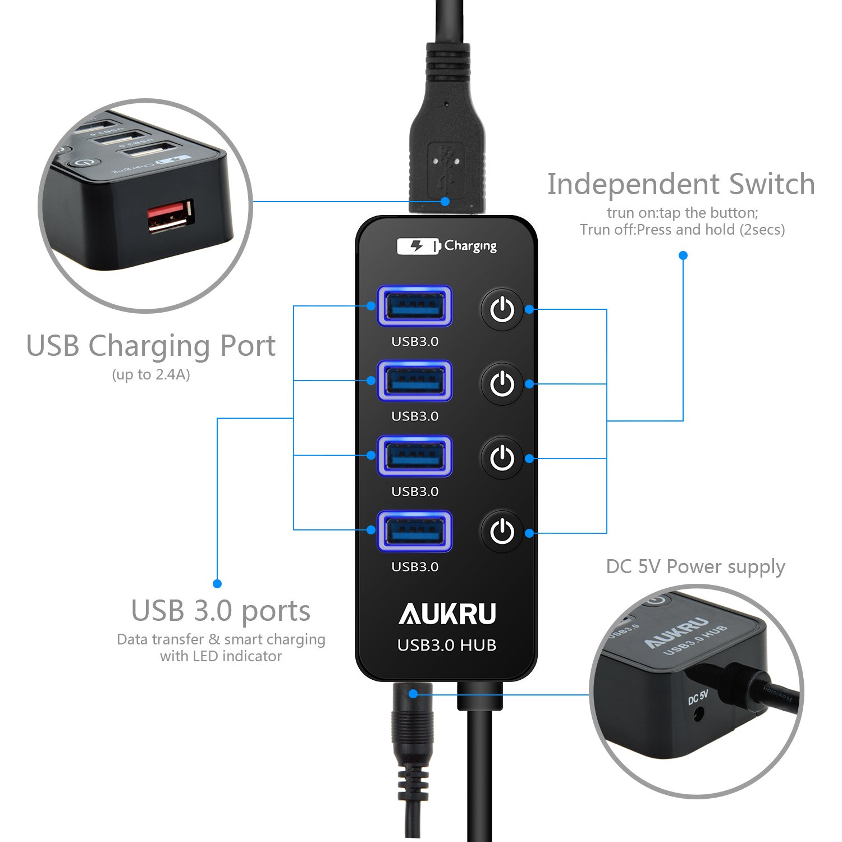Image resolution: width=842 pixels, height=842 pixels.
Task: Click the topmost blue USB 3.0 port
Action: (x=415, y=306)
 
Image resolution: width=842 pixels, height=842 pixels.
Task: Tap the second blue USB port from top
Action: (x=415, y=381)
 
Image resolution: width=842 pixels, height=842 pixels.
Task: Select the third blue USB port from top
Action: (x=415, y=456)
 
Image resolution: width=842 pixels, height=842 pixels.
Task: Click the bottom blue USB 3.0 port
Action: (x=415, y=530)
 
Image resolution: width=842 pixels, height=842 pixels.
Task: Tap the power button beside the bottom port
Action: (x=502, y=531)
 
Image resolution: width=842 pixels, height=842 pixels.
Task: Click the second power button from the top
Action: (x=502, y=384)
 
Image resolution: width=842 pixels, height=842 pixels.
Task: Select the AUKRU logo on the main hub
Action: (x=447, y=614)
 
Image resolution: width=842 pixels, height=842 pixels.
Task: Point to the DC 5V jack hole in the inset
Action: (x=699, y=715)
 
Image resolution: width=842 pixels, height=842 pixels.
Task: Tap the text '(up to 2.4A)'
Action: (x=151, y=374)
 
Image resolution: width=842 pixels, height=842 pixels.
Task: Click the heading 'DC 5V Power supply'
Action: (x=695, y=567)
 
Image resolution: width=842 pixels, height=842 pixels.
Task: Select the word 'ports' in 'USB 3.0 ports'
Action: (x=276, y=611)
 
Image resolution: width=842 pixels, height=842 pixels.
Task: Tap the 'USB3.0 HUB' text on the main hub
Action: (x=447, y=646)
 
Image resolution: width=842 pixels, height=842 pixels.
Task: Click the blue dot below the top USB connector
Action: (x=445, y=201)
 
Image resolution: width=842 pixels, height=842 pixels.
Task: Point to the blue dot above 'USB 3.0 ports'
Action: (x=217, y=584)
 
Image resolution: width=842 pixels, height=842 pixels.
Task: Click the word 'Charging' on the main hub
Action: (x=470, y=246)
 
